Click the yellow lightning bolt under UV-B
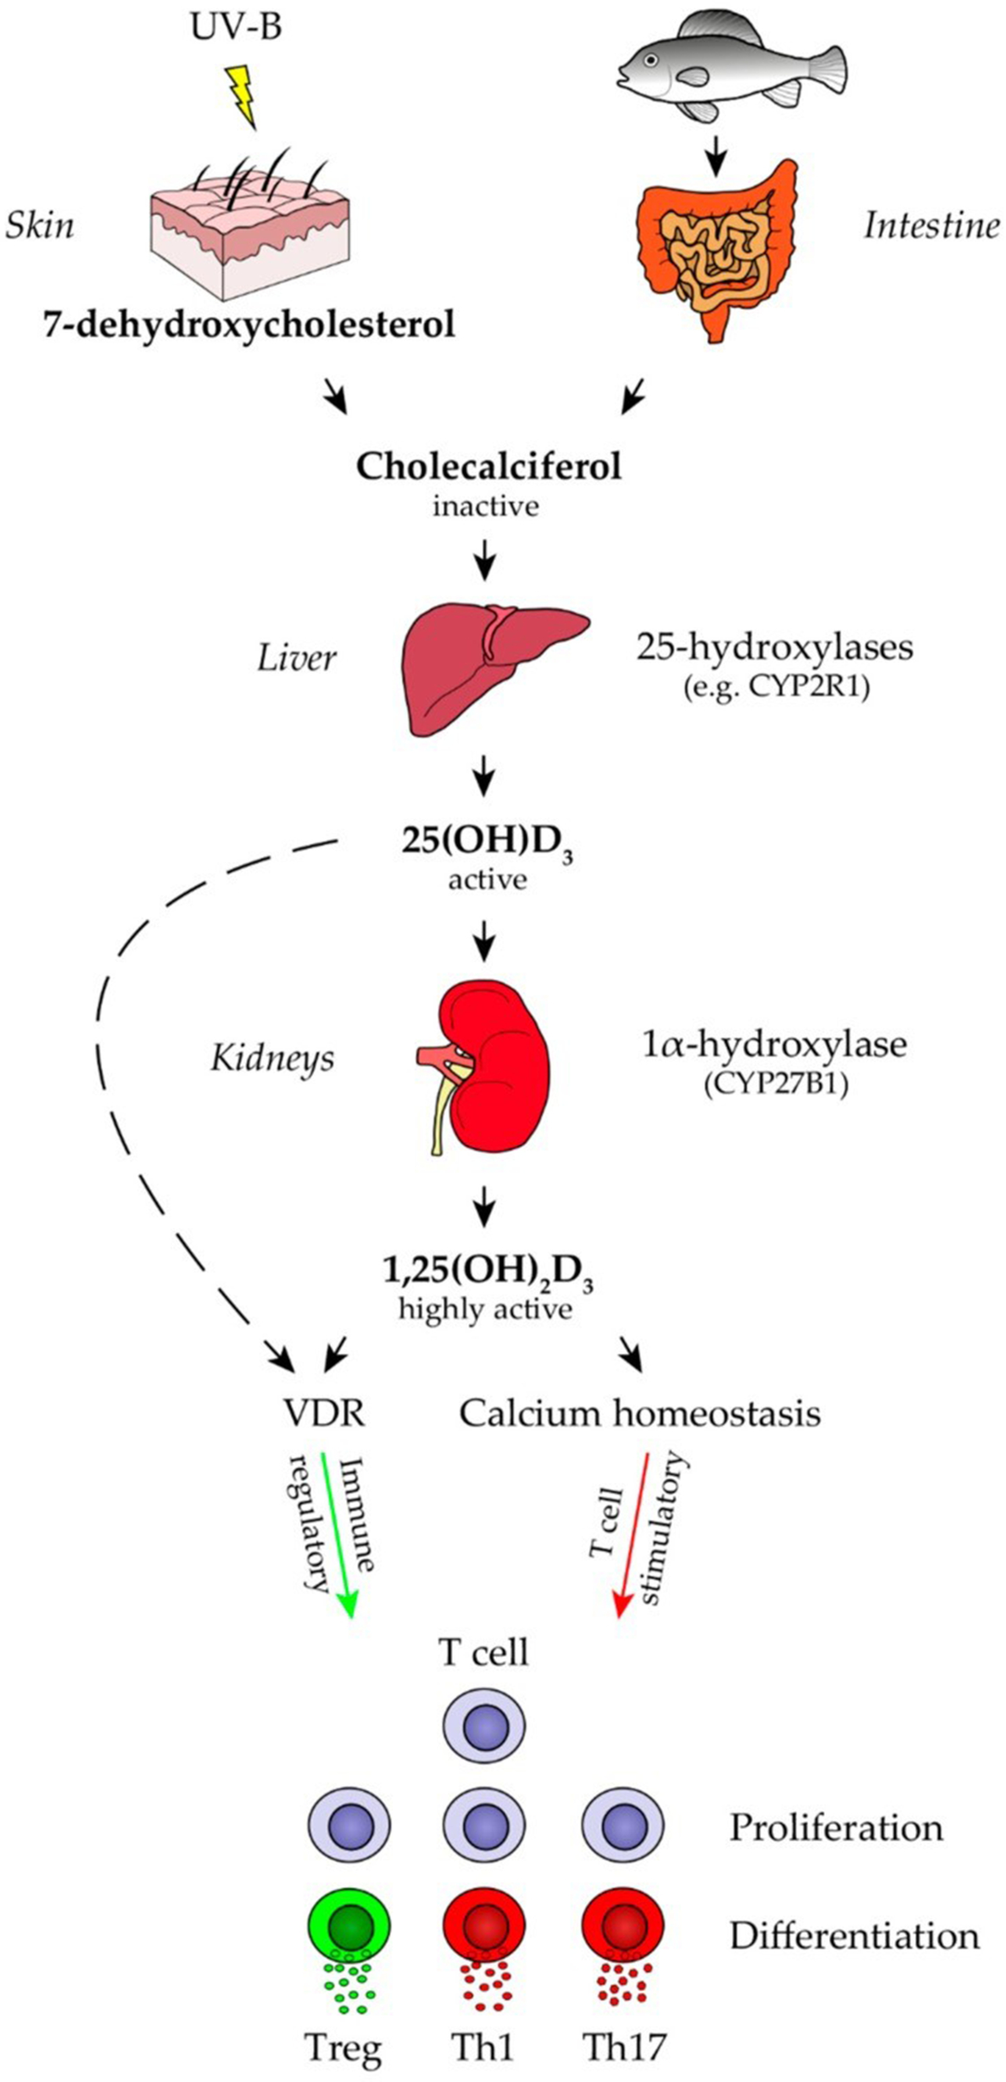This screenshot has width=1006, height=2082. (x=240, y=95)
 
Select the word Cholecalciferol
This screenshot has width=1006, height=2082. (x=488, y=467)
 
